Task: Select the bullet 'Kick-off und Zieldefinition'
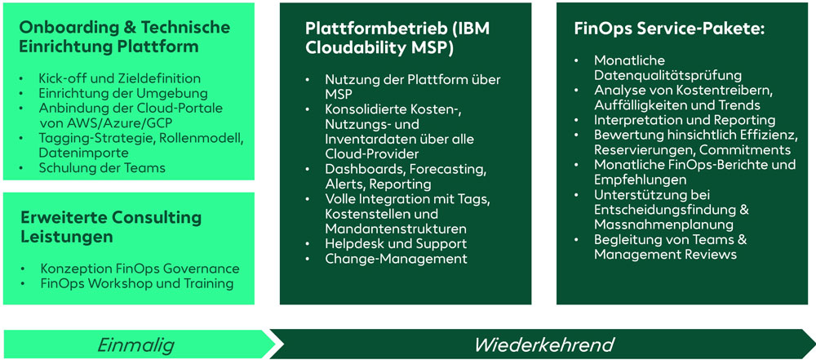119,78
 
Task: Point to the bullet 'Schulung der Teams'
102,168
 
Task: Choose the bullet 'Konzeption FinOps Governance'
140,269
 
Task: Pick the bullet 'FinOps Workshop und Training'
137,283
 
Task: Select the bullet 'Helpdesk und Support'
396,243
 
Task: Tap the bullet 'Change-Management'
396,259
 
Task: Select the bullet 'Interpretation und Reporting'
684,120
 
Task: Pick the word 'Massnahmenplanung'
663,224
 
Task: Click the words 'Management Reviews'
665,255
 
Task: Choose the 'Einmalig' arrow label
135,344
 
